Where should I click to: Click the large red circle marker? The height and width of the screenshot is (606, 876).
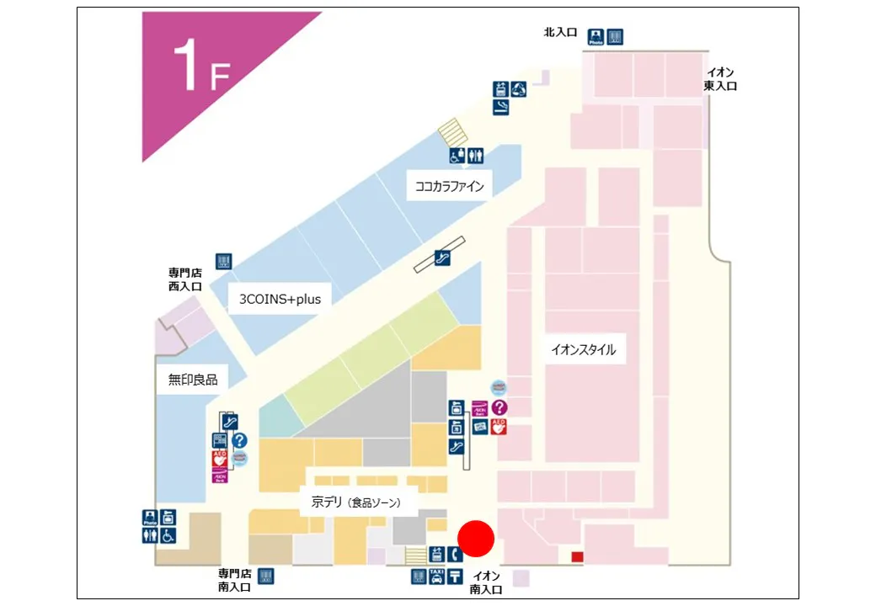[476, 539]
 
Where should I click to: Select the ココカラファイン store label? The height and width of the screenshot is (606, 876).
[450, 187]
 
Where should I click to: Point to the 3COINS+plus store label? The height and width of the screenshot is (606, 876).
[280, 299]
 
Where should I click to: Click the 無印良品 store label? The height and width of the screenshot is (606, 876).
[193, 380]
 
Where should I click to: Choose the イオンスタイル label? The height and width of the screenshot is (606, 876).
[583, 350]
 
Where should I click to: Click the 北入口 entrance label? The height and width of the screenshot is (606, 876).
[560, 33]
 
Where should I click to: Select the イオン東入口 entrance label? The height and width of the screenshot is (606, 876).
[720, 79]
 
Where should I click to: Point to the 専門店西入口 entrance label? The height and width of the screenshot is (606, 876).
[185, 279]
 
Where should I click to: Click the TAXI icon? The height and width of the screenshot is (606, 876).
[436, 577]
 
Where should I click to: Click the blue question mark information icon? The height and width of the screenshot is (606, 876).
[239, 439]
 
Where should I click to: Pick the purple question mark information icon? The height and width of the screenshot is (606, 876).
[499, 408]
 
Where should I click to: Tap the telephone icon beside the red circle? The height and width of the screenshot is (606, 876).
[455, 554]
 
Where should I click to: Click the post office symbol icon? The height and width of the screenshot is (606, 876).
[455, 577]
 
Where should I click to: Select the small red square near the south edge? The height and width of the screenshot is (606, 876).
[577, 556]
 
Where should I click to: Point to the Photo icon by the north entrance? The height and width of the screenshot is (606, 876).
[596, 37]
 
